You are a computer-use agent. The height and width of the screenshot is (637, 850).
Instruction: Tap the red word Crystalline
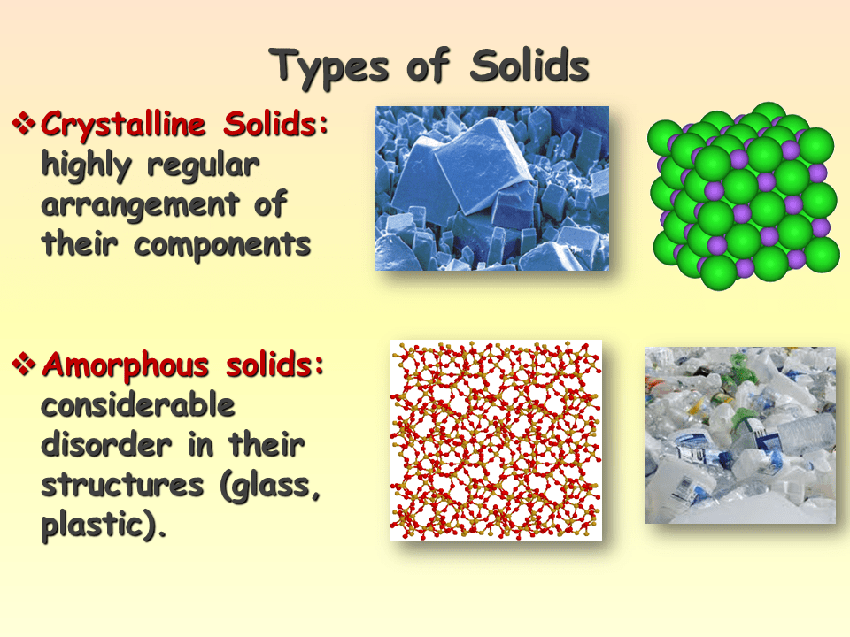tap(119, 125)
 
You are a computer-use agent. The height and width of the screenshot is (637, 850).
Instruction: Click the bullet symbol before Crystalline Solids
tap(24, 125)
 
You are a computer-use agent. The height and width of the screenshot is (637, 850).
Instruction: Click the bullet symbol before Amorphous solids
tap(24, 364)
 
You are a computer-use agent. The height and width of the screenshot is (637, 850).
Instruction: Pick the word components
tap(222, 245)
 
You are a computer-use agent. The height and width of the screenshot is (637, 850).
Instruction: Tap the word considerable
tap(138, 405)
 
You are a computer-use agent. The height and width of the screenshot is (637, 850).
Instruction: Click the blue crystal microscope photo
tap(491, 188)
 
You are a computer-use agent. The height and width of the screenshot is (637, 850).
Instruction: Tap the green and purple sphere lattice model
tap(743, 196)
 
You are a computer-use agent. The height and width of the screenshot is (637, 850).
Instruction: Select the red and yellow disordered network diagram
tap(495, 440)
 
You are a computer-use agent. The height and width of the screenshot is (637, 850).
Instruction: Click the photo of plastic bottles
tap(739, 434)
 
